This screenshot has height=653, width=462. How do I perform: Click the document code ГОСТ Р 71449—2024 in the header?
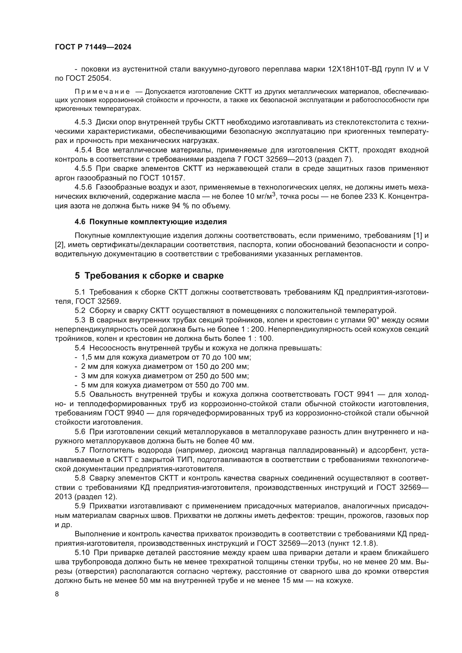pos(93,47)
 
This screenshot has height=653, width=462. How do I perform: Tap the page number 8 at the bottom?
pos(57,594)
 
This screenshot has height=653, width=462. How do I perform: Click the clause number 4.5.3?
pos(83,122)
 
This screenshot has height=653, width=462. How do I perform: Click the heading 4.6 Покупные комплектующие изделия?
pos(151,222)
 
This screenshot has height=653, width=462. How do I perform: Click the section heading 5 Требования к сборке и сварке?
pos(149,276)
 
